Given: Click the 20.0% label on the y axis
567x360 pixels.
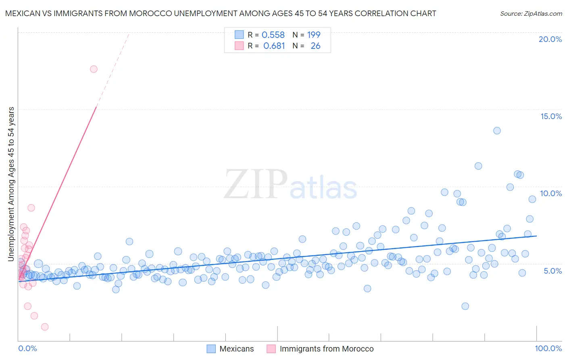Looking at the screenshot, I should pos(550,39).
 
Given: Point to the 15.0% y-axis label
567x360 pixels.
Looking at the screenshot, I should pos(551,116).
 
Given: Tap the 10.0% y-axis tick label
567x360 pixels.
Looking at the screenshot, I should pos(551,193).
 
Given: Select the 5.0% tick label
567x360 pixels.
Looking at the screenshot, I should pos(552,271).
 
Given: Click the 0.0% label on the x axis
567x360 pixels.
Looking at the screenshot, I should pos(27,348).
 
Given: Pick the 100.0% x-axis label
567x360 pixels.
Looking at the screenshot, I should pos(548,348).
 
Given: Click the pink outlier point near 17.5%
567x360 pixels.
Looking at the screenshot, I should pos(94,69).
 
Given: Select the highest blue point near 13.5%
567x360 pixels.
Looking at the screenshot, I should pos(497,131).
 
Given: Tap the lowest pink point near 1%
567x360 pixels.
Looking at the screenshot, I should pos(45,327).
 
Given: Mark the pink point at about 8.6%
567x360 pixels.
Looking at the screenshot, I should pos(31,208).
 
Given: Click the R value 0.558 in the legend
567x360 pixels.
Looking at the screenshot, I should pos(273,35).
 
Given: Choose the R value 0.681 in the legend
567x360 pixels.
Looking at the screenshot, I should pos(274,46).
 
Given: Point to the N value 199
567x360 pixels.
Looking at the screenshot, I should pos(313,35).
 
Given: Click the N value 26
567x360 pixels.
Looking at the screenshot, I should pos(315,46).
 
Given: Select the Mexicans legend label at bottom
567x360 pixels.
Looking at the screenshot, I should pos(237,349).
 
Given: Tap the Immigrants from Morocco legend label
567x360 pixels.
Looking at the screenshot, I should pos(327,349).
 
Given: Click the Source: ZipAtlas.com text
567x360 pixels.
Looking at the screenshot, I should pos(531,14).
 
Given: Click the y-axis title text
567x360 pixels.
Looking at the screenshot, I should pos(11,184).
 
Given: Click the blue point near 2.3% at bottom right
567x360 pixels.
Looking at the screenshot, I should pos(465,306).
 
